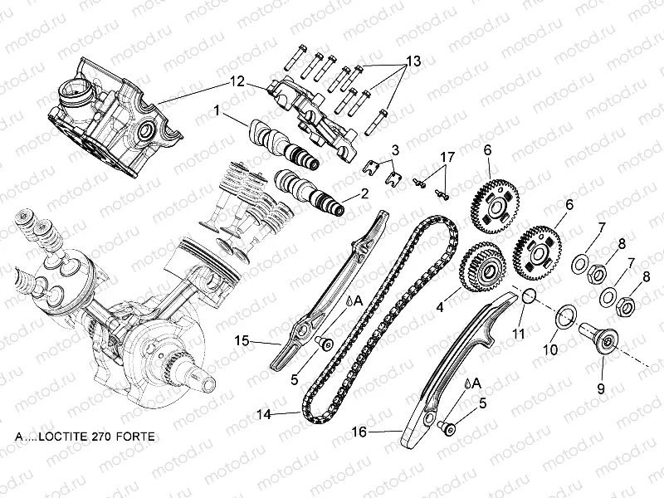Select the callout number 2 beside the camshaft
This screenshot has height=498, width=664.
[364, 195]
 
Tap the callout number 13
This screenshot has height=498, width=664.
[413, 63]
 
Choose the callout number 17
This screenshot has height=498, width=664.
[447, 156]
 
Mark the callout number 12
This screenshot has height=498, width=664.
[237, 81]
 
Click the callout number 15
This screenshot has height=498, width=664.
[241, 340]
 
